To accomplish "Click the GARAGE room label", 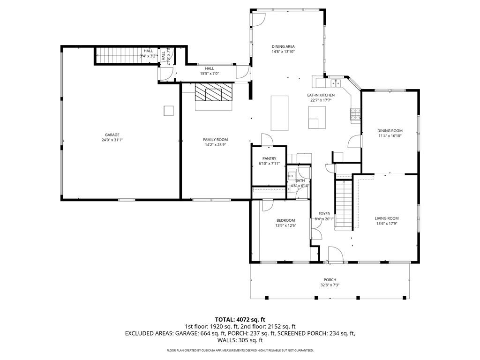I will [112, 135].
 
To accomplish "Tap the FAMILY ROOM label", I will [215, 140].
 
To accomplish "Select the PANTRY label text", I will [269, 158].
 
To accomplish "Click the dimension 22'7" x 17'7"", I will [321, 100].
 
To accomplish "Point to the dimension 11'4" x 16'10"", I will [390, 136].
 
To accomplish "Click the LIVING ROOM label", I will [387, 218].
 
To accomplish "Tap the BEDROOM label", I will [285, 220].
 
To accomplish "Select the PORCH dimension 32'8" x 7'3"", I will [329, 285].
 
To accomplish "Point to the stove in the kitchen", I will [355, 112].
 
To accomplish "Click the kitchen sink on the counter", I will [336, 83].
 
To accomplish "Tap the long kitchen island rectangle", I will [279, 112].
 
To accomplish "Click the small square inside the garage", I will [168, 110].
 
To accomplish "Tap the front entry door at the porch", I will [335, 255].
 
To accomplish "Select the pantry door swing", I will [266, 140].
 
